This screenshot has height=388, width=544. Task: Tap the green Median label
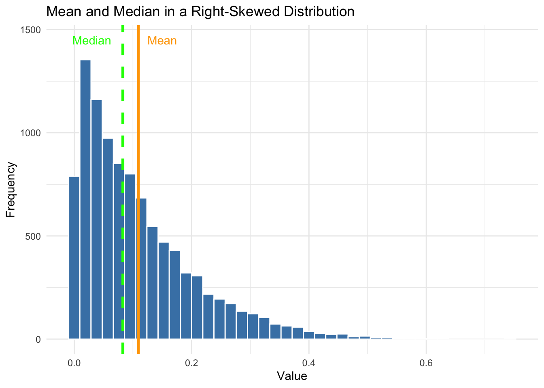point(91,41)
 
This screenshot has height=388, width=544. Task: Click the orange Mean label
point(162,41)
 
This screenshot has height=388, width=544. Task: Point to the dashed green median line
point(123,121)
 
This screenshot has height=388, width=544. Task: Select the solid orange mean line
point(138,121)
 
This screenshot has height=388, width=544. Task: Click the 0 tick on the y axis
point(38,339)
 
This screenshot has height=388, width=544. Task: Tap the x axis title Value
point(292,377)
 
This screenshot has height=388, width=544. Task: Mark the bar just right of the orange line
point(152,283)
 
